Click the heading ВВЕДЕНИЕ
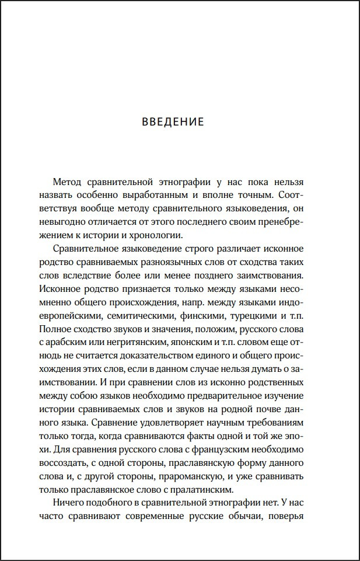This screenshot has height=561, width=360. click(x=173, y=122)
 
